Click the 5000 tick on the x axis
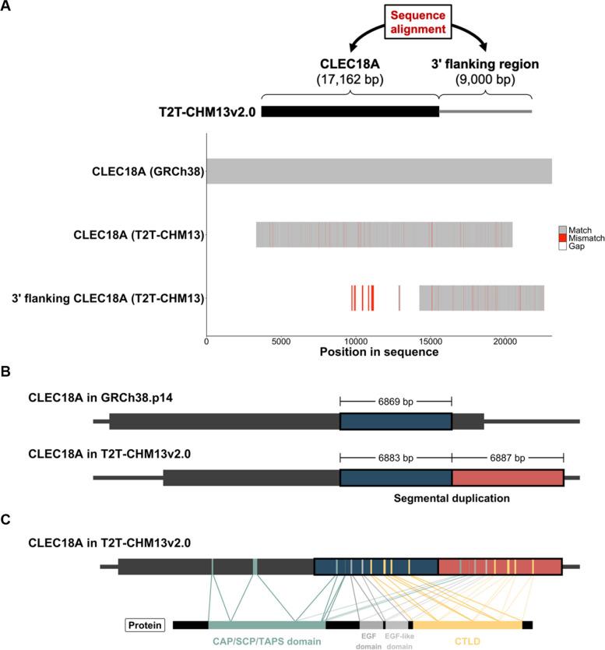pos(281,340)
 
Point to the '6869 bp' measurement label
pos(396,400)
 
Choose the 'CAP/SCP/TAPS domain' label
pos(266,641)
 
